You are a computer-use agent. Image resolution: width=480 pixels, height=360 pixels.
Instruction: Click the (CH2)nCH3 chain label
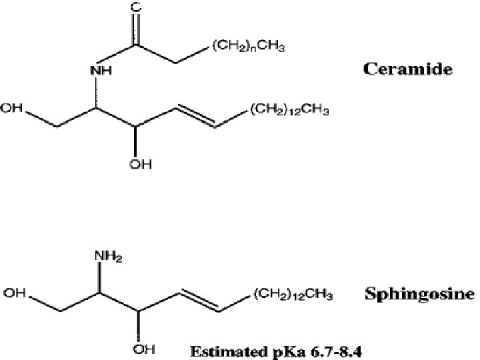(249, 46)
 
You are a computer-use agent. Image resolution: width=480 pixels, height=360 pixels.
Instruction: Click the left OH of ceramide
(13, 109)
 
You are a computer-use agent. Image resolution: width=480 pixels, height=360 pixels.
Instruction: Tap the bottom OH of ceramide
(137, 163)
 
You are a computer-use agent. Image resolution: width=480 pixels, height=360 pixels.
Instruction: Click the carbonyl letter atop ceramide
(137, 8)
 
